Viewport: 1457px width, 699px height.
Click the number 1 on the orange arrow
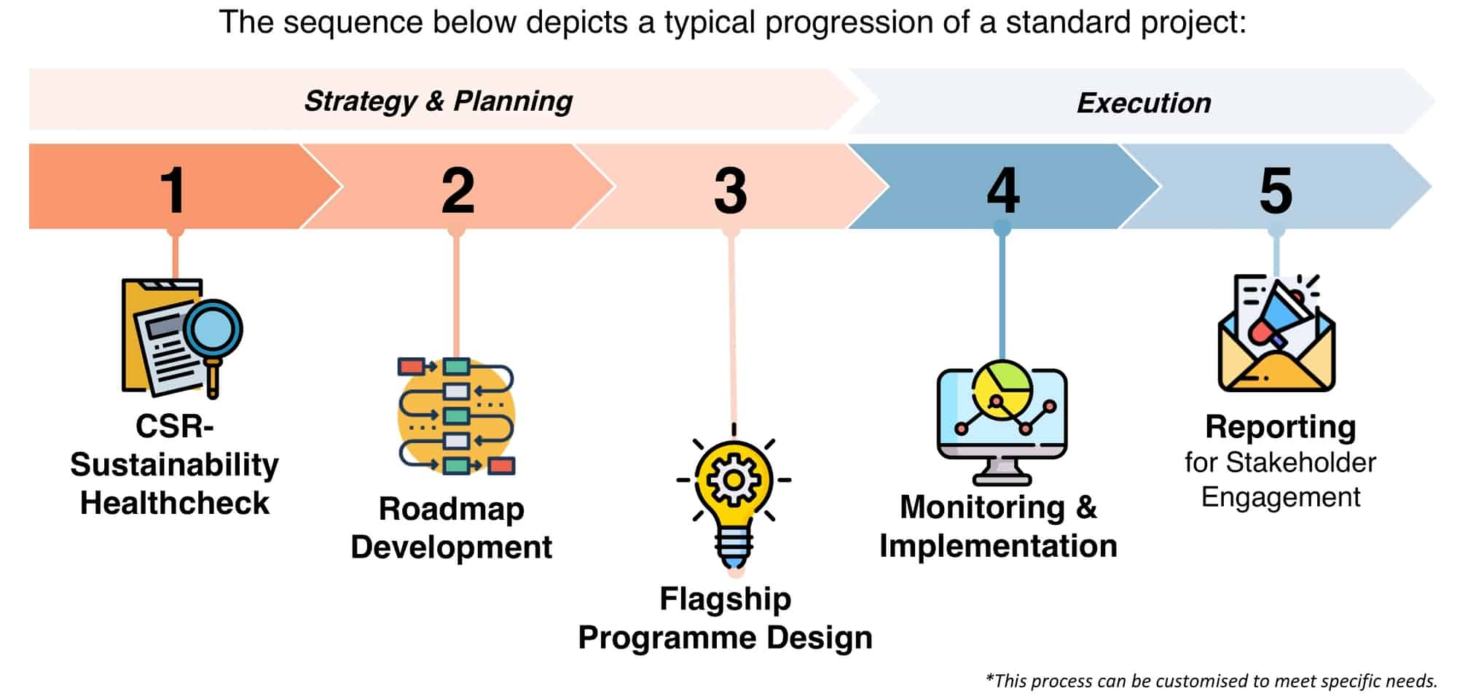tap(173, 191)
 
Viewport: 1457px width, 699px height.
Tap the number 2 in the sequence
tap(457, 191)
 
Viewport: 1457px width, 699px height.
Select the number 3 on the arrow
tap(730, 191)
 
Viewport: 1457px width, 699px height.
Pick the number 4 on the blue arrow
tap(1002, 191)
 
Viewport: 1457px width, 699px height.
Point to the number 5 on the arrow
tap(1276, 191)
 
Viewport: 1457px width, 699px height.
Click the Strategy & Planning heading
tap(438, 101)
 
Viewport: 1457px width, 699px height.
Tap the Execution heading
tap(1143, 104)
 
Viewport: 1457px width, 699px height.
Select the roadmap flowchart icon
tap(457, 416)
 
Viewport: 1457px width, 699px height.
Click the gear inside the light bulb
tap(734, 480)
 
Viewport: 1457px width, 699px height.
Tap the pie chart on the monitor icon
tap(1002, 388)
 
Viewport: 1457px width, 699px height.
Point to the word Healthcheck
tap(174, 503)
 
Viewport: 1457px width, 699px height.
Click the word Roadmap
tap(451, 509)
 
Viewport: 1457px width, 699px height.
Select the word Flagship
tap(725, 599)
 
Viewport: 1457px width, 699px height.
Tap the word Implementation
tap(998, 546)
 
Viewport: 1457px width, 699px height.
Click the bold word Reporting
tap(1280, 427)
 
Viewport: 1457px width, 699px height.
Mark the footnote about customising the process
tap(1211, 681)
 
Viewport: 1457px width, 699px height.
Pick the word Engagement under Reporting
tap(1280, 497)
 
